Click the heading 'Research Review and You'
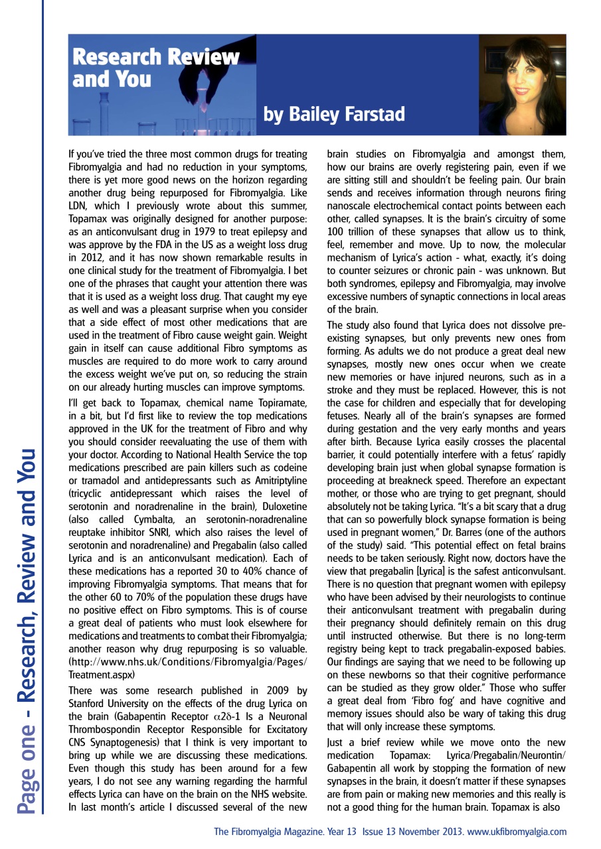[155, 68]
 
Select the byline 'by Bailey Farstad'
[334, 115]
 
